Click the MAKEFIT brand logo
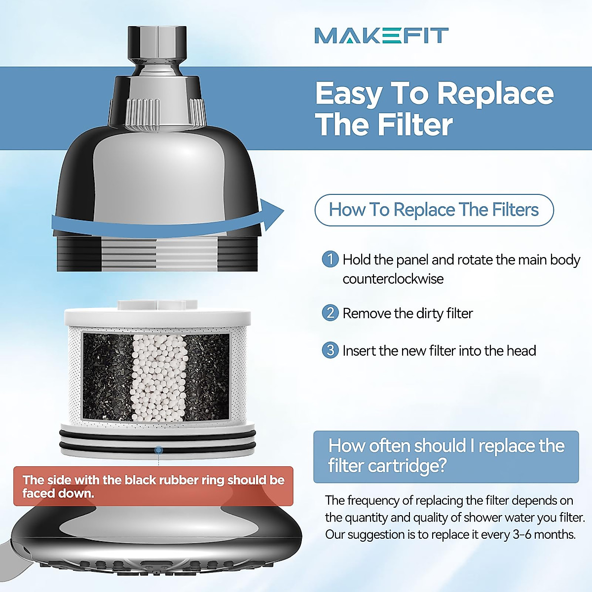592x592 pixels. click(x=381, y=36)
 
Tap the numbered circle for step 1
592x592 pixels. click(x=330, y=259)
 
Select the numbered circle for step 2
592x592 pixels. click(x=330, y=313)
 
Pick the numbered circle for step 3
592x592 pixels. click(x=330, y=350)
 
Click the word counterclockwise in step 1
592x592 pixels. click(x=393, y=279)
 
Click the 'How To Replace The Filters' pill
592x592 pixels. click(x=434, y=210)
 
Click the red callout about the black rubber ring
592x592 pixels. click(x=153, y=486)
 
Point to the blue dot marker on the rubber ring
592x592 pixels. click(x=158, y=450)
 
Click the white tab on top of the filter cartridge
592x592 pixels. click(x=157, y=304)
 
